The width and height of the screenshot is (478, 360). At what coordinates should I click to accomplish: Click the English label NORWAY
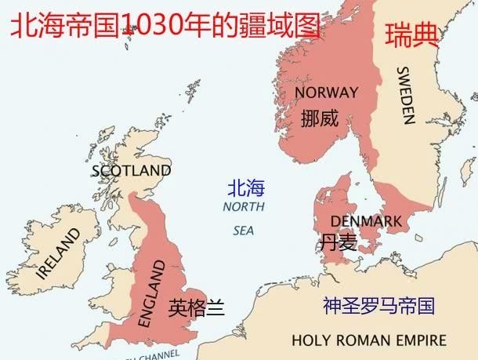tap(326, 93)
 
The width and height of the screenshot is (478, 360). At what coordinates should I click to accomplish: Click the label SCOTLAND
tap(131, 170)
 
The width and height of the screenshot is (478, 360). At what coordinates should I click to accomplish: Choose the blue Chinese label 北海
tap(246, 188)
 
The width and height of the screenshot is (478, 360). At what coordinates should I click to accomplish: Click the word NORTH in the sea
tap(244, 207)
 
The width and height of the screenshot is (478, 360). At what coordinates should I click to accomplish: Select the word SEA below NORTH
tap(244, 231)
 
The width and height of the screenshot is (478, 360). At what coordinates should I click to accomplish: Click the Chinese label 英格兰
tap(197, 307)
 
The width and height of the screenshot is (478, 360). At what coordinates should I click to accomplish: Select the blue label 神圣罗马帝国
tap(378, 306)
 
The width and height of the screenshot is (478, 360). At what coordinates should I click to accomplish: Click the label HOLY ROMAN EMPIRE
tap(368, 340)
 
